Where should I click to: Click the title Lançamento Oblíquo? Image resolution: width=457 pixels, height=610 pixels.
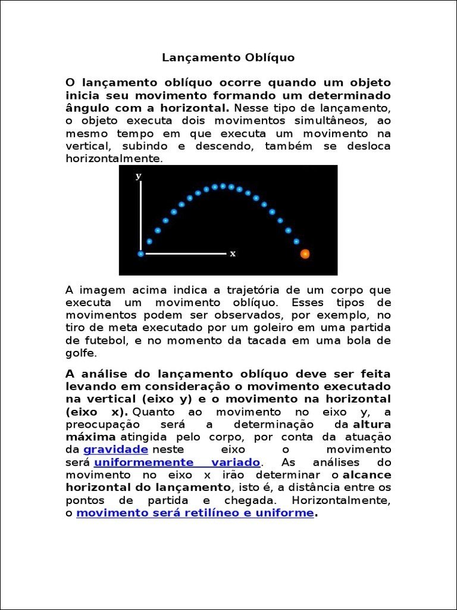pyautogui.click(x=228, y=58)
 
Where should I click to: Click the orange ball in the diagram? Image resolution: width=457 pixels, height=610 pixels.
pyautogui.click(x=305, y=254)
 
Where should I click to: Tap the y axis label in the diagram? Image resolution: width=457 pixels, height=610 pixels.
pyautogui.click(x=139, y=176)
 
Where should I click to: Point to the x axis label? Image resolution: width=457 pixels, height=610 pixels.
pyautogui.click(x=233, y=253)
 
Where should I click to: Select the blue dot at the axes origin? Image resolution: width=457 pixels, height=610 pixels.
pyautogui.click(x=141, y=254)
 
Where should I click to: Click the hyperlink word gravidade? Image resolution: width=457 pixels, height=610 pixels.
pyautogui.click(x=115, y=449)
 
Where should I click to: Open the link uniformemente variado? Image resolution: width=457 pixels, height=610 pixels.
pyautogui.click(x=177, y=462)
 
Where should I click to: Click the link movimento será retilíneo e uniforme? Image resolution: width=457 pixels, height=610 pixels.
pyautogui.click(x=195, y=512)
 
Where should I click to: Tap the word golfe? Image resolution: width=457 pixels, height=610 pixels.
pyautogui.click(x=79, y=353)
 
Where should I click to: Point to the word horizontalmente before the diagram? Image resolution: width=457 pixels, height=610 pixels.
pyautogui.click(x=112, y=159)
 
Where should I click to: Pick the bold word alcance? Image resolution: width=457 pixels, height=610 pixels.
pyautogui.click(x=367, y=475)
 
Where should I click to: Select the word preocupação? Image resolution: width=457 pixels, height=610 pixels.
pyautogui.click(x=102, y=424)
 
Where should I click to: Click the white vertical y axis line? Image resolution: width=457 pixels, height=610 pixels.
pyautogui.click(x=141, y=214)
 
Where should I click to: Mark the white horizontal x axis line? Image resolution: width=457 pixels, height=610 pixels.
pyautogui.click(x=184, y=254)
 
